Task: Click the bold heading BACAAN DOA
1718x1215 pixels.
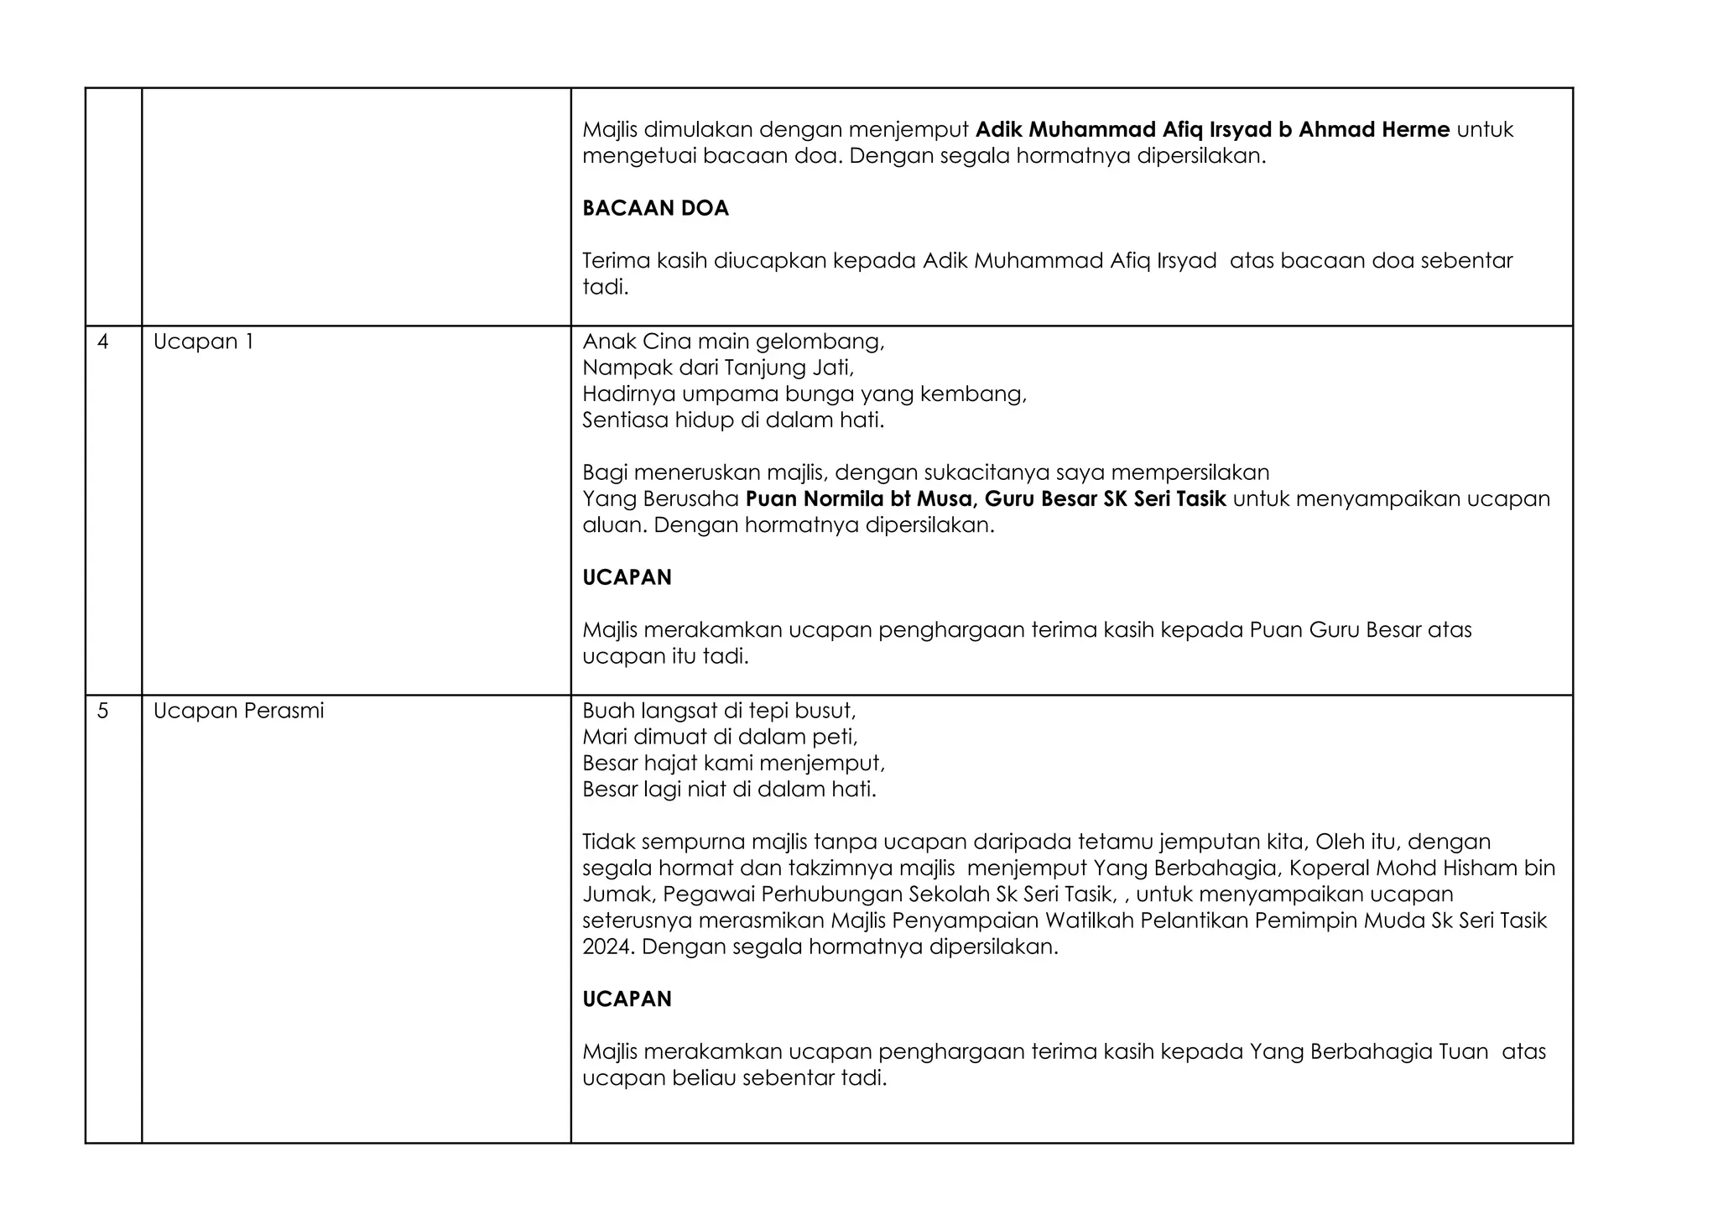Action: click(655, 209)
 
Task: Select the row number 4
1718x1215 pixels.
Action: click(103, 342)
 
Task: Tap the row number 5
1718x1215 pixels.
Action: click(103, 712)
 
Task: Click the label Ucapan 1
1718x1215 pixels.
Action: click(203, 342)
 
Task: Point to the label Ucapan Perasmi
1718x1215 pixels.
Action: click(238, 712)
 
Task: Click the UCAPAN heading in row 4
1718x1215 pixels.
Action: click(627, 578)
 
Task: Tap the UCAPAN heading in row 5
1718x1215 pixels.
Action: click(627, 999)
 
